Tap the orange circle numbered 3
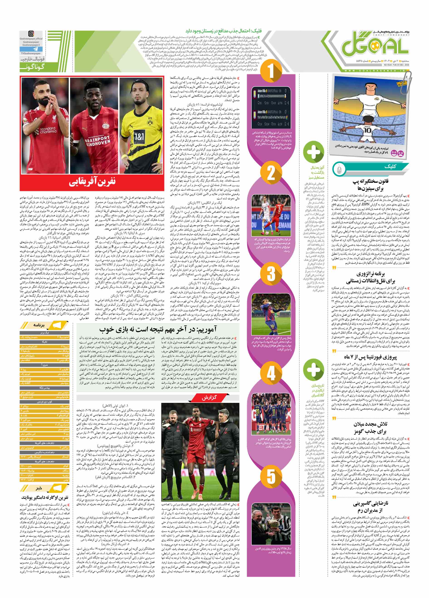[271, 273]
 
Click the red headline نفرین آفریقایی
[92, 183]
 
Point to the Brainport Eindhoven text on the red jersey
[94, 140]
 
